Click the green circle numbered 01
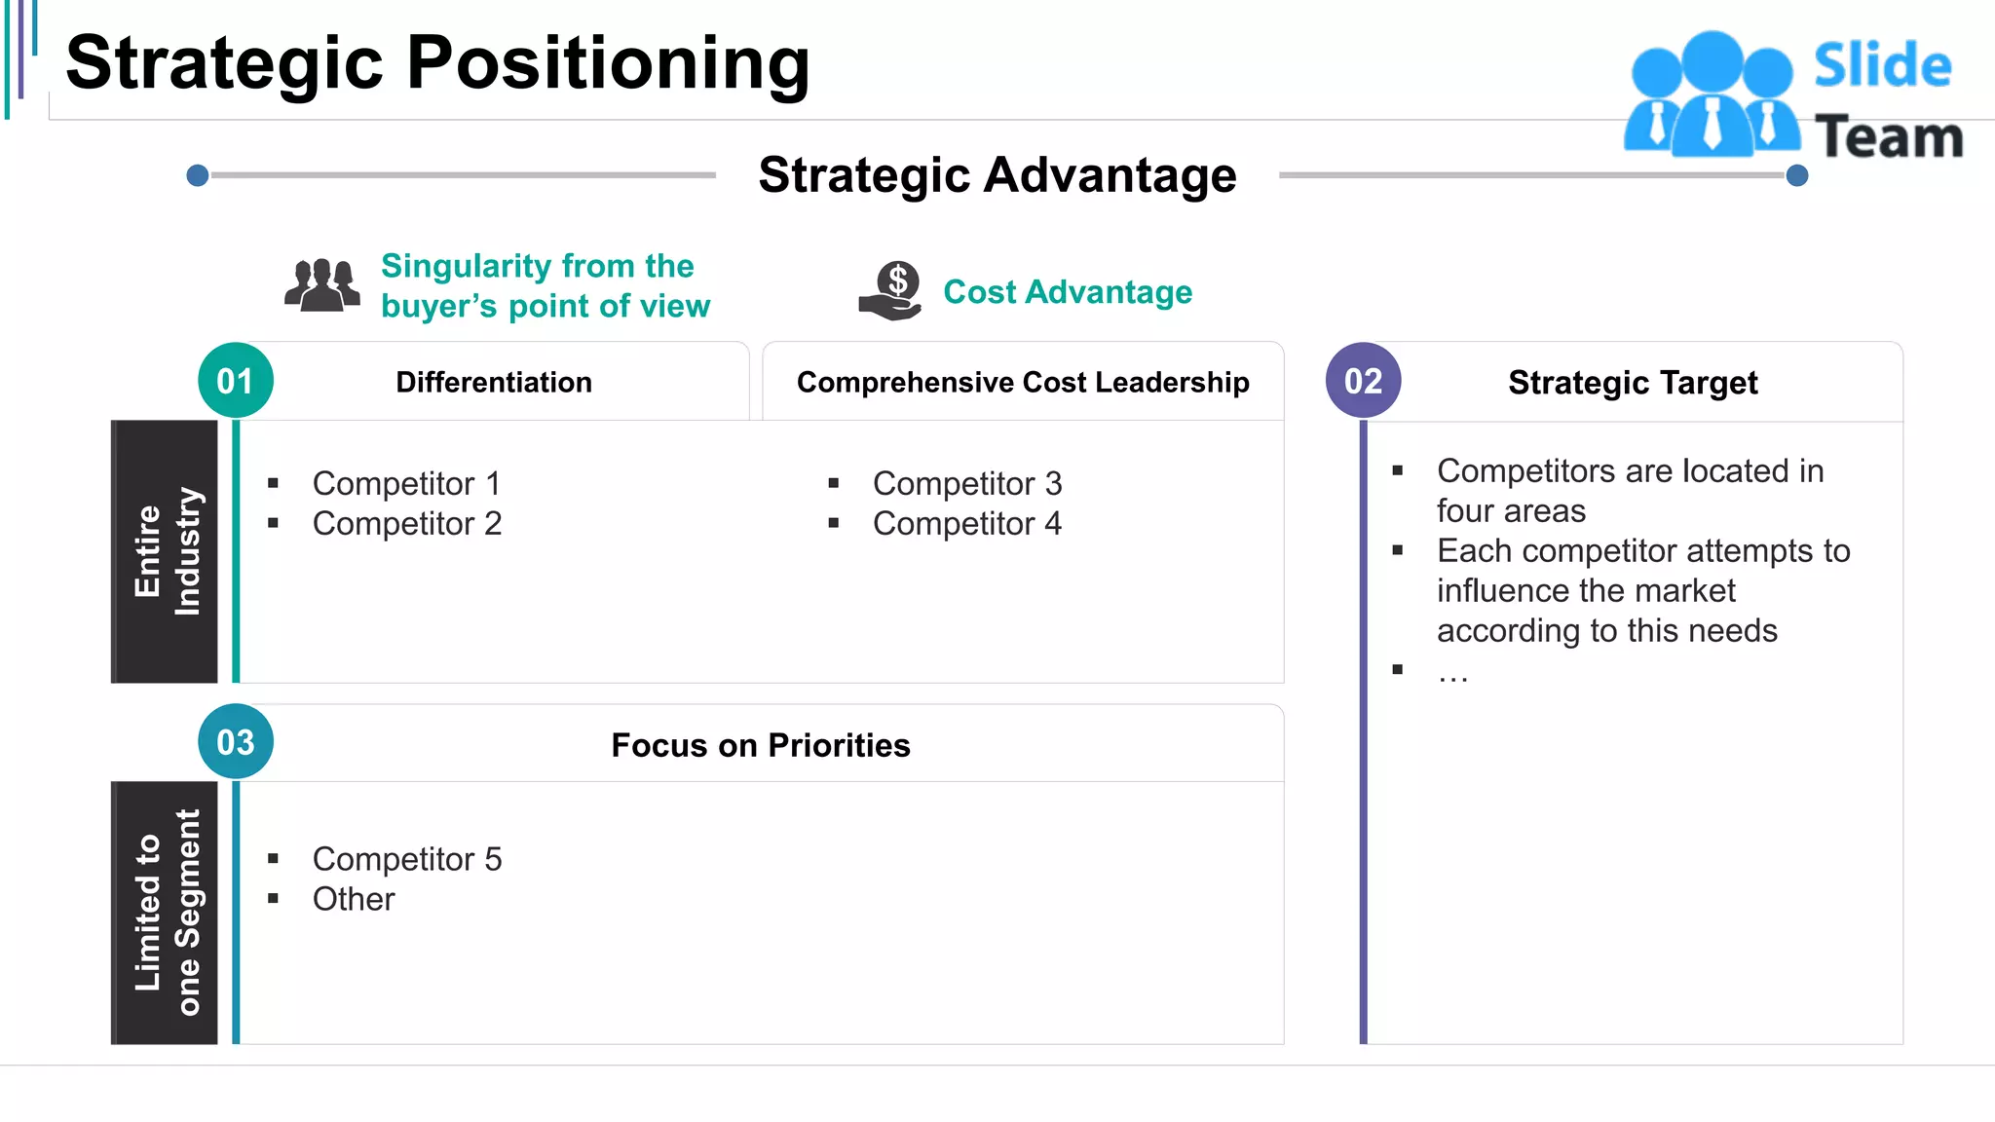point(236,381)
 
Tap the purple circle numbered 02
point(1363,381)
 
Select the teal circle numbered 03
point(236,742)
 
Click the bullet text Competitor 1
point(406,483)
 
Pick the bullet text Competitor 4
point(966,524)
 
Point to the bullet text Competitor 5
point(406,859)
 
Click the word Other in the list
point(354,899)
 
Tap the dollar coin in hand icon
point(891,291)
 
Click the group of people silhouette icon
point(322,285)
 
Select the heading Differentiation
point(494,383)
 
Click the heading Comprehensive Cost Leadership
point(1023,383)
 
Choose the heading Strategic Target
point(1633,383)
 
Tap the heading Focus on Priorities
point(760,745)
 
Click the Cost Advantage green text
point(1068,292)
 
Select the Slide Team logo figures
point(1712,95)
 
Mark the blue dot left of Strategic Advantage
point(198,175)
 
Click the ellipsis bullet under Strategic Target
point(1452,672)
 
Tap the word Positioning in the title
point(608,63)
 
